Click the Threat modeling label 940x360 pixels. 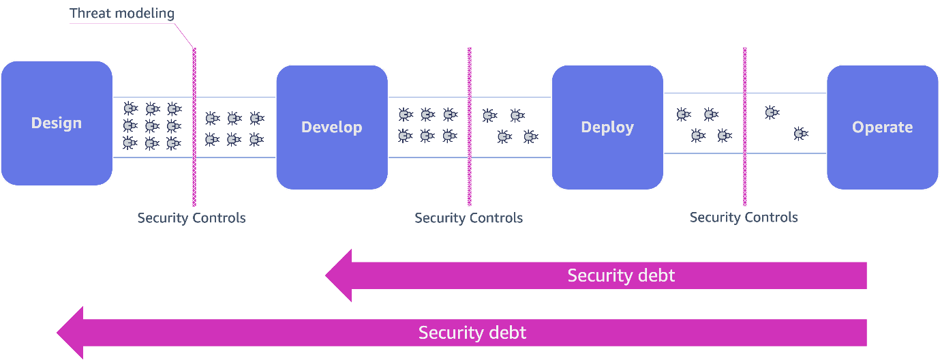[x=121, y=13]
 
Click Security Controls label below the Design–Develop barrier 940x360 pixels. [x=191, y=218]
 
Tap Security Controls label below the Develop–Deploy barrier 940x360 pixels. [x=468, y=218]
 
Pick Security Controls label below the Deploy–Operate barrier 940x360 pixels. [x=744, y=217]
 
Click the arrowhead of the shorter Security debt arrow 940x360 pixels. [x=339, y=275]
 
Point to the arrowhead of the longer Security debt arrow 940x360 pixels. [x=70, y=333]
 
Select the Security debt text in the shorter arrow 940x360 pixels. [x=621, y=275]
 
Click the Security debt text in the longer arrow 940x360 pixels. [x=472, y=333]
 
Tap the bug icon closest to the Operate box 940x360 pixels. [x=800, y=134]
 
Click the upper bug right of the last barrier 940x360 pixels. [x=772, y=112]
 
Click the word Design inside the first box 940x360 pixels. [x=57, y=123]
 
